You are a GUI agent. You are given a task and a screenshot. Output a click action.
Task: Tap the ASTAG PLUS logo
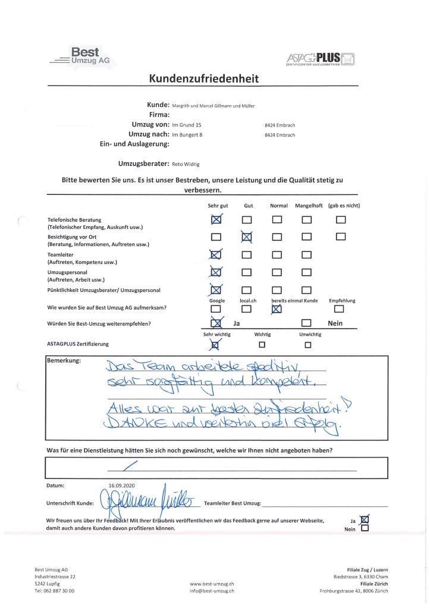click(321, 58)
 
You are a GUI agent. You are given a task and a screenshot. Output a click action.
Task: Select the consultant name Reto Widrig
click(187, 162)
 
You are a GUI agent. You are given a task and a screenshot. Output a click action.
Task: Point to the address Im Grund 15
click(187, 125)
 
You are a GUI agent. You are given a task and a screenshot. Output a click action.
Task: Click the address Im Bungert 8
click(189, 135)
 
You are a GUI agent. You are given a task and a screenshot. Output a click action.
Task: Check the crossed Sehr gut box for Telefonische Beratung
click(216, 220)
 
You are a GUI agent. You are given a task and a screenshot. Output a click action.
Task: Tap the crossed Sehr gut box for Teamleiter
click(216, 256)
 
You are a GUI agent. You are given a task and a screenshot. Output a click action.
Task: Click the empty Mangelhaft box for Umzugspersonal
click(307, 273)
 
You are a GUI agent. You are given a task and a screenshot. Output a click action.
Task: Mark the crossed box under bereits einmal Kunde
click(277, 308)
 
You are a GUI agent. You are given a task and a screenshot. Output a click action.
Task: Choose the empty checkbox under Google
click(216, 308)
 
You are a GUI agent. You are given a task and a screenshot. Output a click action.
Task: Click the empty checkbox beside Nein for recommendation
click(307, 323)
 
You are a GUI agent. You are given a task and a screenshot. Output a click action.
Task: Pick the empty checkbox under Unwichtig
click(307, 344)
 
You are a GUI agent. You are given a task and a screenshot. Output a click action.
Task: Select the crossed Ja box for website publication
click(365, 519)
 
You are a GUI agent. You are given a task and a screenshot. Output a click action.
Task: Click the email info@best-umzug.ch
click(212, 591)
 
